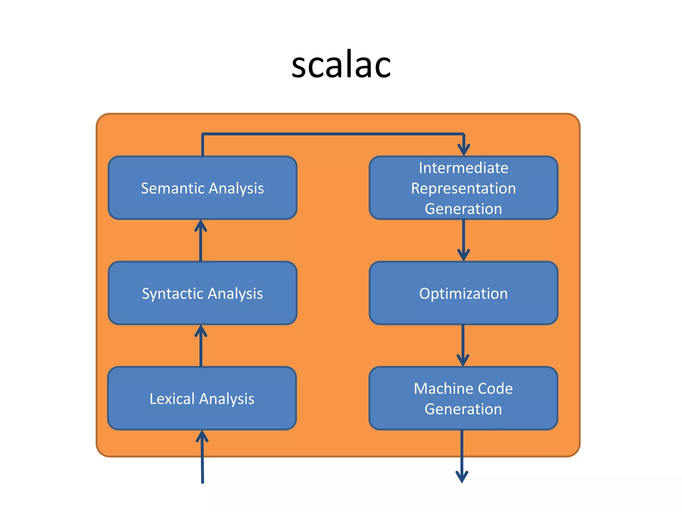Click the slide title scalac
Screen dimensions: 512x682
coord(341,65)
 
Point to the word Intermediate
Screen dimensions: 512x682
coord(463,168)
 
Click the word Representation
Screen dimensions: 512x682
coord(463,189)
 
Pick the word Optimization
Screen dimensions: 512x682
coord(463,294)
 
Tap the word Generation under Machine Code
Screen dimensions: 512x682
coord(463,409)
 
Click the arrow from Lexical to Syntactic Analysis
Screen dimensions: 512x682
coord(201,347)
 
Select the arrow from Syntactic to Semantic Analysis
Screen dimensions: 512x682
coord(201,241)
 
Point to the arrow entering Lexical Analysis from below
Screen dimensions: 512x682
coord(202,457)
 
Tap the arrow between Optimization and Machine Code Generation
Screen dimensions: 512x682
coord(463,346)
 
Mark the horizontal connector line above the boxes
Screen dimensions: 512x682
coord(333,134)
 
